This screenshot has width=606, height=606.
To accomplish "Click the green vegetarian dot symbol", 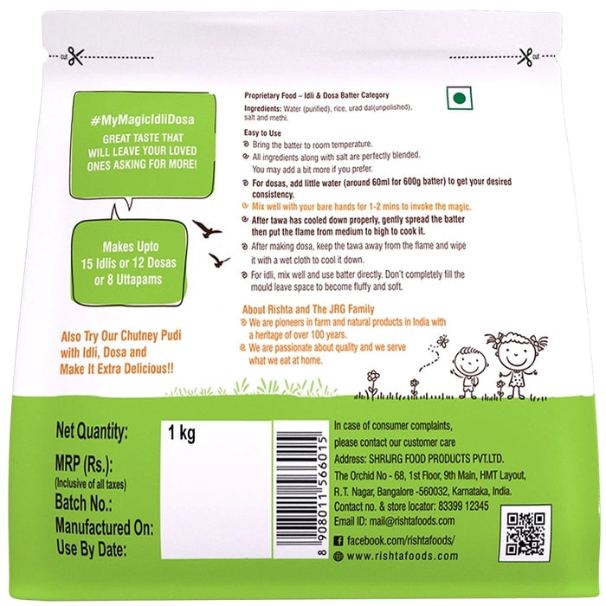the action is coord(459,98).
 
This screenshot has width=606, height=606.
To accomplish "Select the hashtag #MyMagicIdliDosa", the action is coord(142,120).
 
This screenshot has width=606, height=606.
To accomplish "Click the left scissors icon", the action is coord(75,56).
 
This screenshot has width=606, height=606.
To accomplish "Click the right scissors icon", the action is coord(525,57).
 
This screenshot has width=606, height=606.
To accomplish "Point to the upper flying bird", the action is coord(207,229).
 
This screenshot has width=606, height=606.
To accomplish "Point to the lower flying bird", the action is coord(219,260).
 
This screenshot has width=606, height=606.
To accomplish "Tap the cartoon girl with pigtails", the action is coord(517,364).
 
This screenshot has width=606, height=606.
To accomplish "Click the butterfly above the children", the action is coord(442,341).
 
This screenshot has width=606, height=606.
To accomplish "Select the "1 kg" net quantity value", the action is coord(181,433).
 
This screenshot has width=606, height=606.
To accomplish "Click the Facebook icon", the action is coord(338,541).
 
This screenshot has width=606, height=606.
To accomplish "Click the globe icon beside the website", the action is coord(338,556).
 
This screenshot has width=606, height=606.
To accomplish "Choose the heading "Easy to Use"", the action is coord(262,133).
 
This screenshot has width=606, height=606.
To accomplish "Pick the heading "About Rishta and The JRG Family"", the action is coord(308,309).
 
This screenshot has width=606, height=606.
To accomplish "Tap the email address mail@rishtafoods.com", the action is coord(412,521).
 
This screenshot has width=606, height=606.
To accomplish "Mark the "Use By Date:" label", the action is coord(92,548).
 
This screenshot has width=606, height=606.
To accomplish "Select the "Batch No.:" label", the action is coord(83,502).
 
